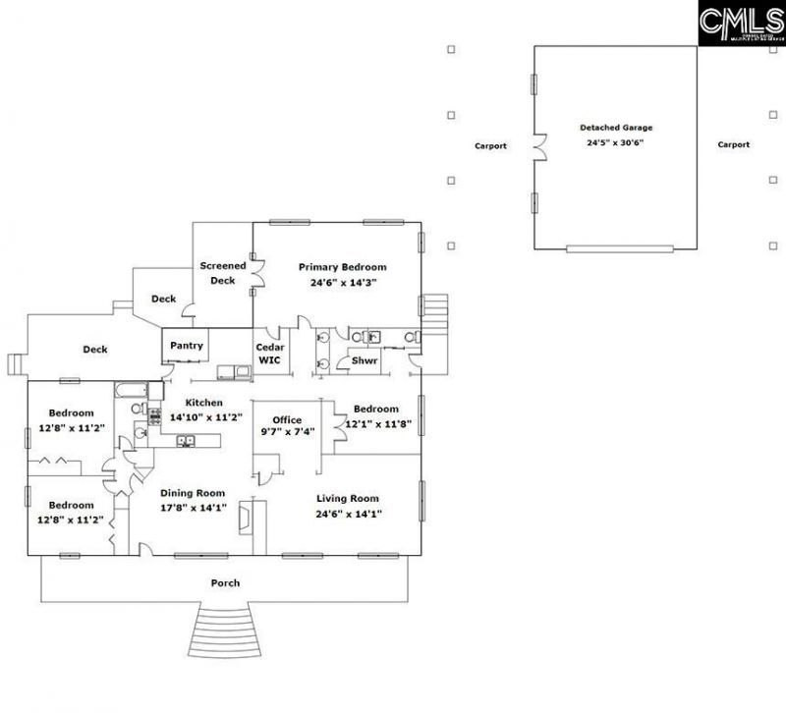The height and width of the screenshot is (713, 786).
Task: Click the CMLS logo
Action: point(741,23)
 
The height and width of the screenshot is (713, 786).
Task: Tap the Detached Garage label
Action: point(615,128)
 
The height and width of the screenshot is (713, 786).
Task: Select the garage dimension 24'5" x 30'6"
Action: point(615,142)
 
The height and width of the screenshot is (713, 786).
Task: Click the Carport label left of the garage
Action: point(490,145)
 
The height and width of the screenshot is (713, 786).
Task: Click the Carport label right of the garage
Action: point(733,144)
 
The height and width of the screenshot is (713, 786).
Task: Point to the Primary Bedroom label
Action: point(343,267)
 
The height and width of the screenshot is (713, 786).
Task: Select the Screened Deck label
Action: point(223,273)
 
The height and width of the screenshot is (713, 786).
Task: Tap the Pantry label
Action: point(187,346)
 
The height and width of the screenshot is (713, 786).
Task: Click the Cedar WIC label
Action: point(270,354)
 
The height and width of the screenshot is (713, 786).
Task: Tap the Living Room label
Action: point(348,499)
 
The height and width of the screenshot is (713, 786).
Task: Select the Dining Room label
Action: point(193,493)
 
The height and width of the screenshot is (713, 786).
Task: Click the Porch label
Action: point(225,583)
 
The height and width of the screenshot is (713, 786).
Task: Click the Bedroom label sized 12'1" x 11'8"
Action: point(376,410)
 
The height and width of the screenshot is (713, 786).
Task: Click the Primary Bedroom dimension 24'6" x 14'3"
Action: point(343,282)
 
